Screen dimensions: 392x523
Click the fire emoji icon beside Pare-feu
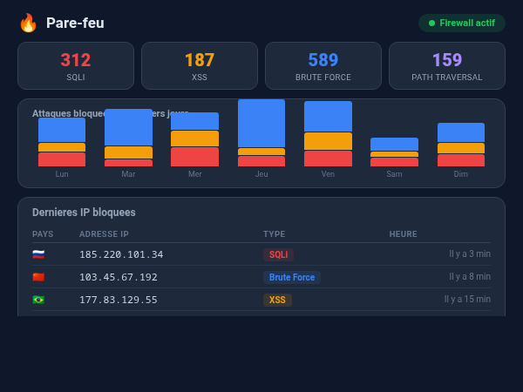coord(28,23)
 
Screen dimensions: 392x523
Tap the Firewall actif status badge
coord(461,23)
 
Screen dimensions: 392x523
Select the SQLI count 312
coord(76,60)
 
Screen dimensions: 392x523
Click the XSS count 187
coord(200,60)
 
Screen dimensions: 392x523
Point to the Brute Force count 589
coord(323,60)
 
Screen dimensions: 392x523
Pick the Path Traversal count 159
coord(447,60)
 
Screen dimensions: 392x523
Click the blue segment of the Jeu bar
coord(261,123)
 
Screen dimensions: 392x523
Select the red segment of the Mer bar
coord(195,157)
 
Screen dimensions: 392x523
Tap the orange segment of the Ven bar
coord(328,141)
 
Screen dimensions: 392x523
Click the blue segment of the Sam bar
coord(394,144)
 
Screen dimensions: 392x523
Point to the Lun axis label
coord(62,174)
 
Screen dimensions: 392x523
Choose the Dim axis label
coord(461,174)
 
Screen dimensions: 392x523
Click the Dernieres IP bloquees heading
coord(84,212)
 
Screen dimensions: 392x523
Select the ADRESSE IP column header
coord(104,234)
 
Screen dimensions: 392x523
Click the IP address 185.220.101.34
coord(121,254)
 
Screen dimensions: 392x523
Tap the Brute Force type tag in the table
coord(292,277)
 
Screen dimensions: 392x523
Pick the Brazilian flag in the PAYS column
coord(38,300)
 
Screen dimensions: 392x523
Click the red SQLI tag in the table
coord(278,254)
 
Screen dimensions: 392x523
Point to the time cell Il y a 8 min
coord(470,277)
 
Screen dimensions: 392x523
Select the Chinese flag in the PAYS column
coord(38,277)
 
